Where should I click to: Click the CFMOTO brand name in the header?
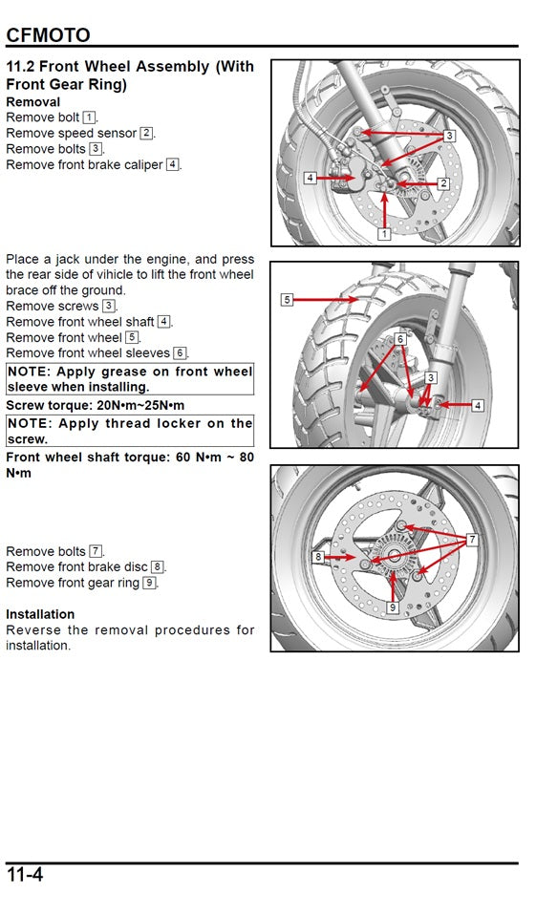click(48, 35)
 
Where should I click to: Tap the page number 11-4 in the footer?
click(25, 875)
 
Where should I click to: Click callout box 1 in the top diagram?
click(384, 234)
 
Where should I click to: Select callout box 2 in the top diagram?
click(443, 183)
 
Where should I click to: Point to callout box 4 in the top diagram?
click(310, 178)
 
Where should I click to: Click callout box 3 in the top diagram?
click(449, 136)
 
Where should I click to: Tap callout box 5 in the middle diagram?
click(287, 300)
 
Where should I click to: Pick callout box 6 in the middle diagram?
click(400, 339)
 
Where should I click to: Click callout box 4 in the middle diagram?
click(478, 405)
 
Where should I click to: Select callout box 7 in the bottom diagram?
click(472, 540)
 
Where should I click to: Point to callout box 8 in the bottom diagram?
click(318, 557)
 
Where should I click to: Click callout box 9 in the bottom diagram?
click(393, 607)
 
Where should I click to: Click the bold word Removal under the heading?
click(32, 101)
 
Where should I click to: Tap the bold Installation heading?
click(40, 614)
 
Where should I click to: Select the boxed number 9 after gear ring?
click(150, 583)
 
